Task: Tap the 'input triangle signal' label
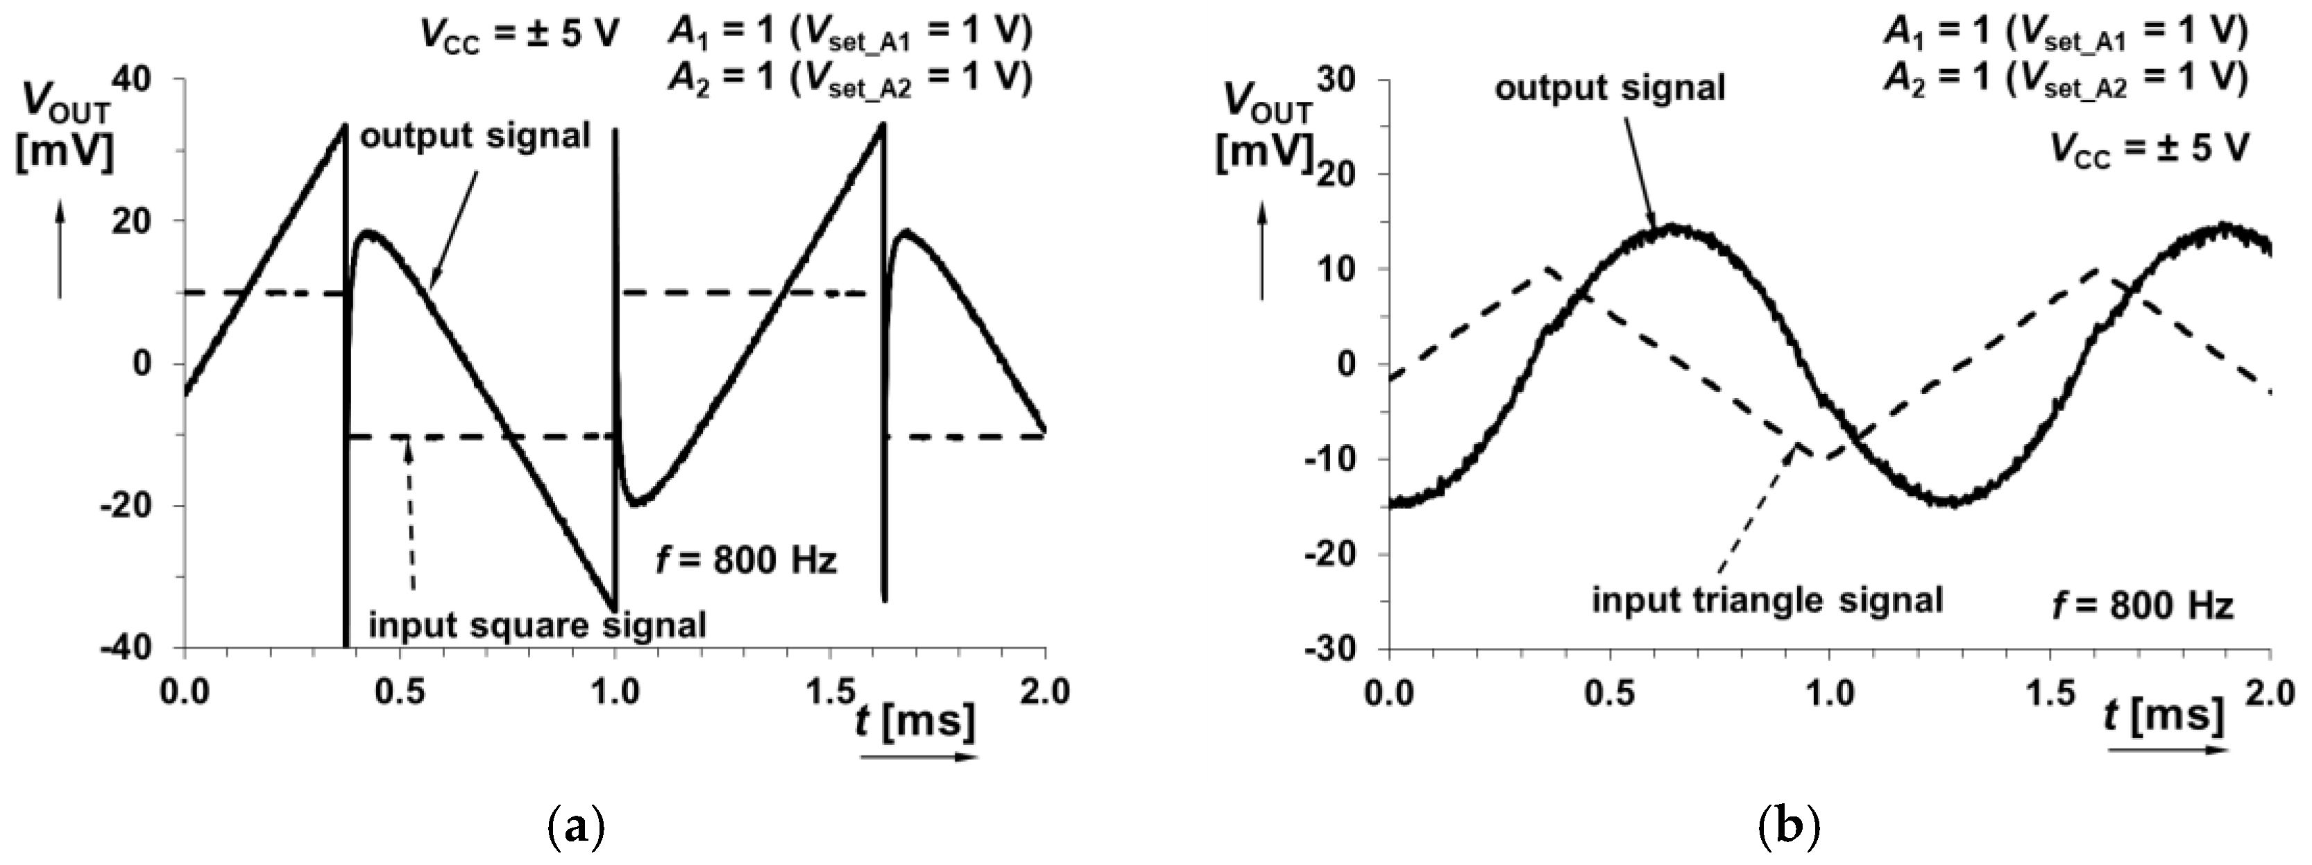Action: click(x=1767, y=599)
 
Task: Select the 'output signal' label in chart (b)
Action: click(x=1609, y=88)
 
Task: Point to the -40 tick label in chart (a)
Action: click(x=135, y=648)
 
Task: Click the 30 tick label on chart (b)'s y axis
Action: click(x=1339, y=79)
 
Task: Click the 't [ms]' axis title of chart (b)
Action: click(x=2165, y=715)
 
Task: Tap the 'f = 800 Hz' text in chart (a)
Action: click(x=747, y=560)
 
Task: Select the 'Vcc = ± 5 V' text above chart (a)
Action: click(x=520, y=37)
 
